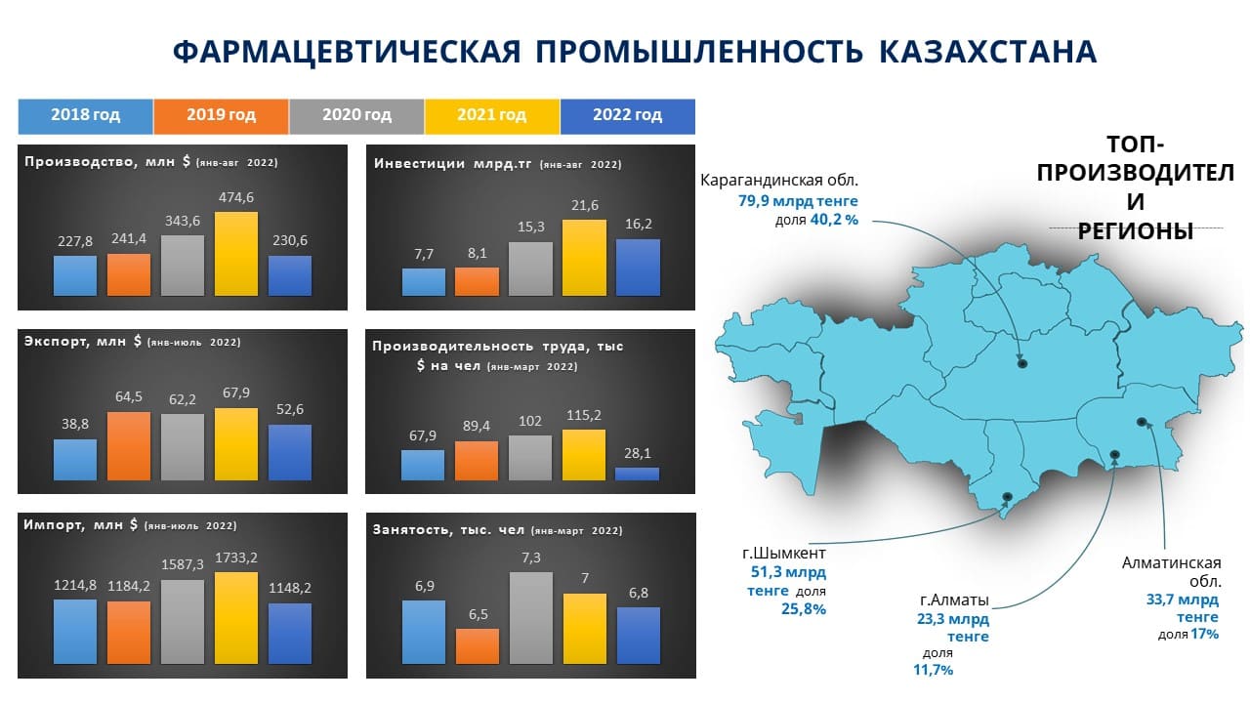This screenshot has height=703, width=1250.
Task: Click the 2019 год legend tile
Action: click(x=221, y=116)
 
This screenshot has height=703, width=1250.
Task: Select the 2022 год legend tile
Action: click(x=628, y=116)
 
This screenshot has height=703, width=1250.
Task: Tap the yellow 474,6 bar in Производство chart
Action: click(x=236, y=253)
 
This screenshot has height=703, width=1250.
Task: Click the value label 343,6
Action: click(x=183, y=221)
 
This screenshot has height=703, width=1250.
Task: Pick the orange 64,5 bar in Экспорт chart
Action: click(x=128, y=446)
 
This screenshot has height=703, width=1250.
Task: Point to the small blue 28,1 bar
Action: click(x=637, y=474)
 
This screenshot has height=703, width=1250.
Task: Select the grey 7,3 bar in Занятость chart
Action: click(x=530, y=618)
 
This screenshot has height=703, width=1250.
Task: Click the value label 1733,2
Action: click(x=236, y=558)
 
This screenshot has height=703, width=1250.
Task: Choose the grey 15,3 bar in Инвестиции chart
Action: click(x=530, y=269)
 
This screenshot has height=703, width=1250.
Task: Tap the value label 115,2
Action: click(x=584, y=415)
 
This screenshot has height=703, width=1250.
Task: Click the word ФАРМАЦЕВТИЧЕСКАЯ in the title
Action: click(x=347, y=52)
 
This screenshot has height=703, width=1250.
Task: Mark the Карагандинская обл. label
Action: click(x=779, y=181)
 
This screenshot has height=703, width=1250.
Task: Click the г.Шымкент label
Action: click(x=784, y=553)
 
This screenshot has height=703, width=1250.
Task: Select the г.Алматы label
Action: click(x=954, y=600)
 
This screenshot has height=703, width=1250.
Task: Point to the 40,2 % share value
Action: click(x=834, y=220)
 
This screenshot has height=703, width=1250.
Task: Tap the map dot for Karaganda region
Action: click(x=1022, y=364)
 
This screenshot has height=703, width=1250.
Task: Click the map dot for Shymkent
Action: click(x=1007, y=496)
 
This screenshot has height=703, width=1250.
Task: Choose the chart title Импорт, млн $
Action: click(x=80, y=525)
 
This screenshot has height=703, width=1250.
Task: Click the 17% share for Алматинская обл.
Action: click(x=1204, y=634)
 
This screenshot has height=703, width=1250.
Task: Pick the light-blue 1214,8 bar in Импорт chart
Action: click(x=75, y=632)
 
